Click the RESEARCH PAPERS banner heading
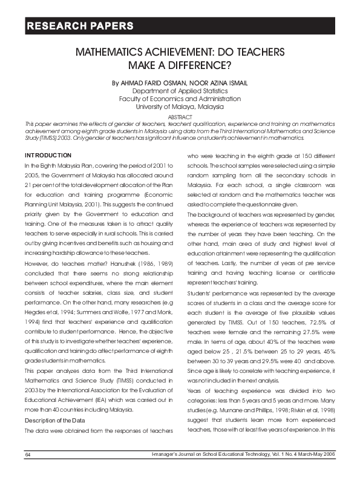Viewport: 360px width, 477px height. point(79,26)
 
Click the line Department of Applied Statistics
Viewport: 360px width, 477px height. point(180,90)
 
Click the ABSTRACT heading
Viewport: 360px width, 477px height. point(180,116)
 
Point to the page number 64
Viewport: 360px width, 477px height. point(28,470)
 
